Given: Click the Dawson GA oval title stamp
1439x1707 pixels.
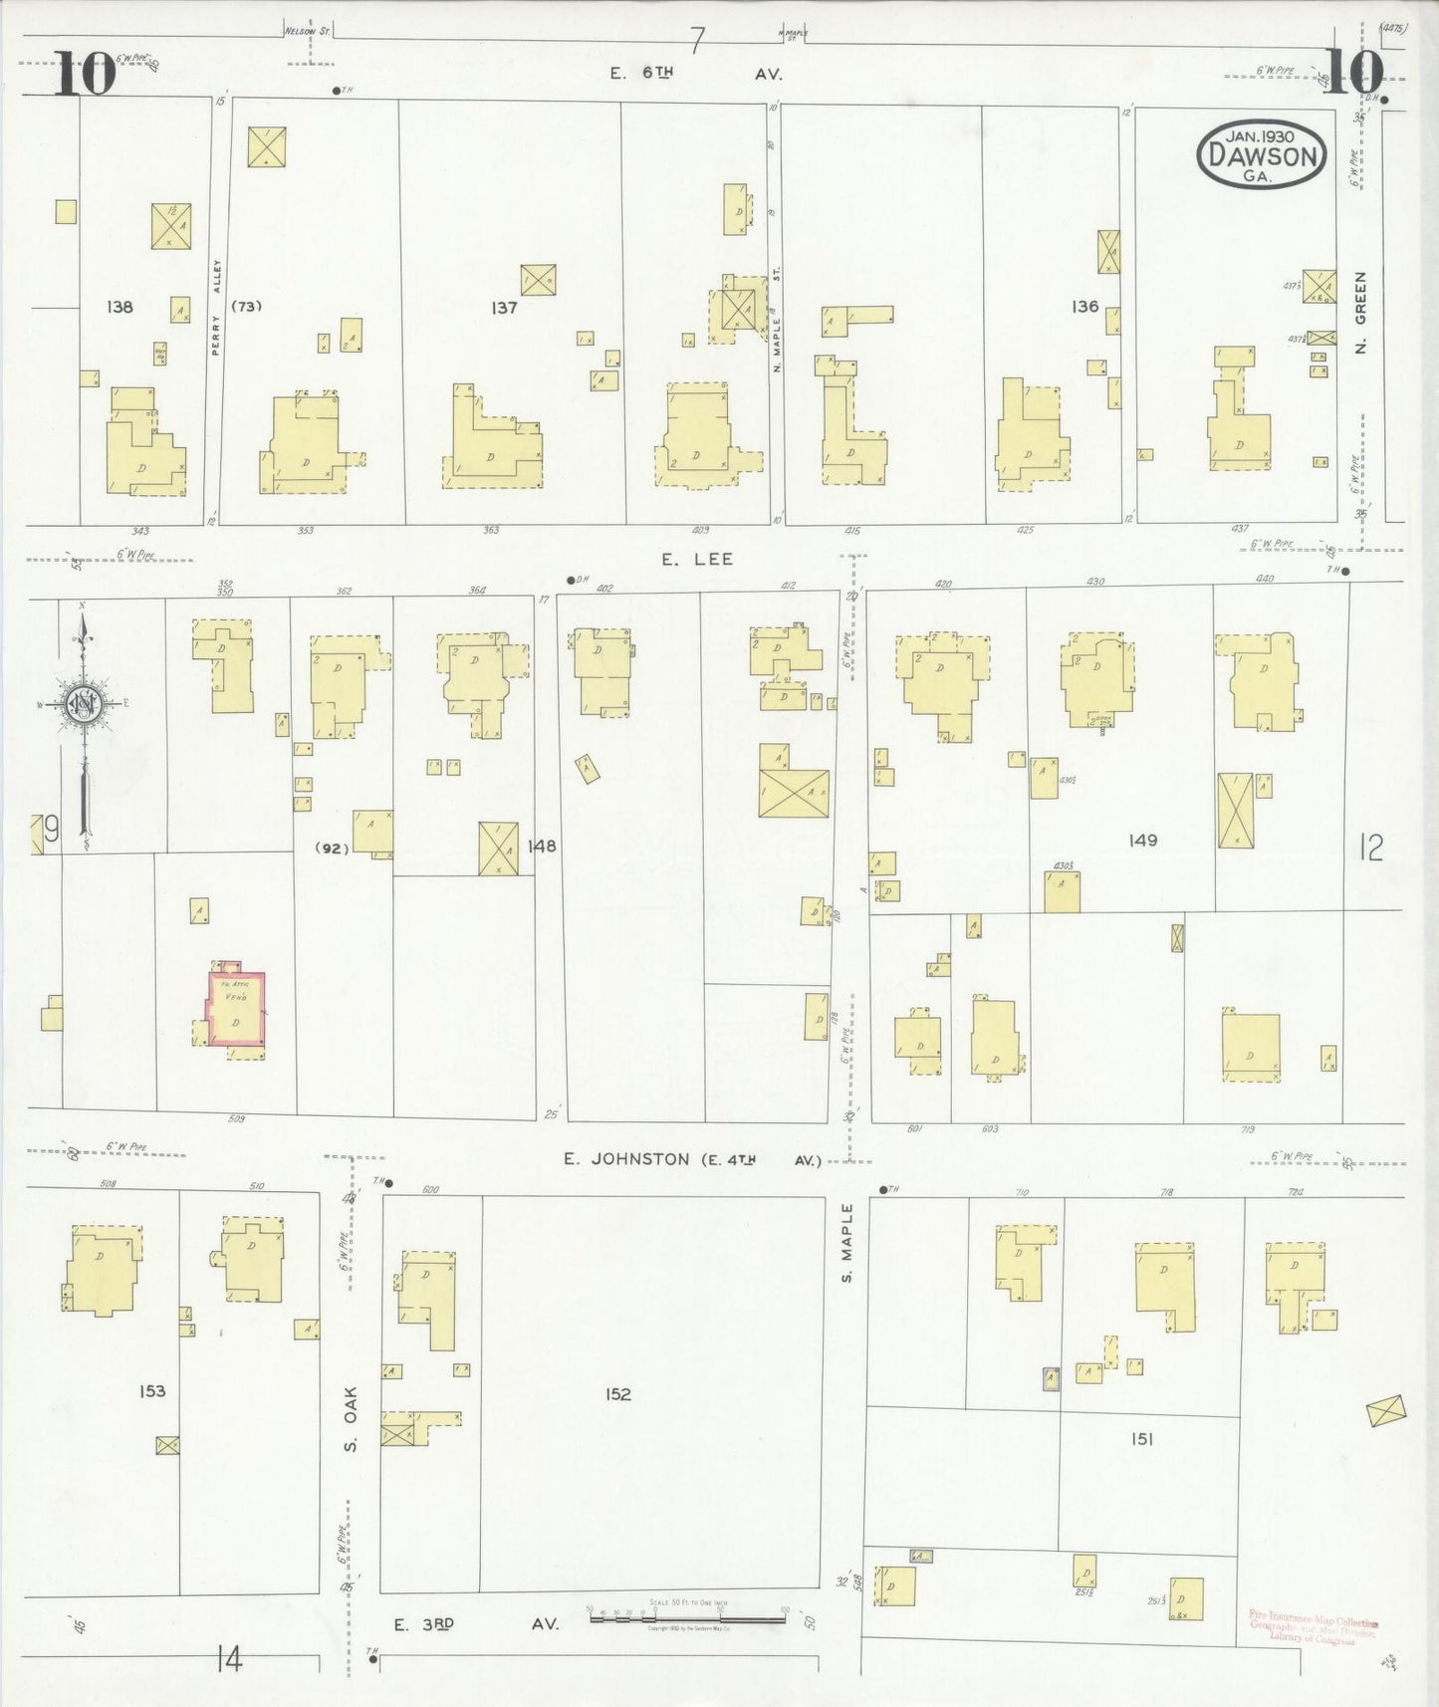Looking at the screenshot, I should coord(1262,154).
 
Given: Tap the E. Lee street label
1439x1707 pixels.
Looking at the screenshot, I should coord(697,560).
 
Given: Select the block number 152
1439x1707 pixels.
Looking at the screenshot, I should coord(618,1394).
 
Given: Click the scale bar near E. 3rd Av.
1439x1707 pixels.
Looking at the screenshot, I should coord(687,1618).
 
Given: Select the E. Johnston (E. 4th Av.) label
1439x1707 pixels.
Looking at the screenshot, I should coord(692,1159).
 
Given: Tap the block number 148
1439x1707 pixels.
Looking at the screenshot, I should coord(542,847).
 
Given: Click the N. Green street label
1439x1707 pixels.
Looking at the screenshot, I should coord(1360,313).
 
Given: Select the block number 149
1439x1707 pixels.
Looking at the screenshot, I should coord(1142,841).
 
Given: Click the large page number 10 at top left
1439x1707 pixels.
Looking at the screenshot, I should coord(84,74).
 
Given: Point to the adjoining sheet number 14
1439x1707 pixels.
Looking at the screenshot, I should coord(228,1660).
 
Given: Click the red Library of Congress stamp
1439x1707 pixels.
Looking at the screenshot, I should coord(1313,1629).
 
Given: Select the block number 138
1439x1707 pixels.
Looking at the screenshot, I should coord(120,307).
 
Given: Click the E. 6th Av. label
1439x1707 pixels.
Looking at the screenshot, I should coord(697,74).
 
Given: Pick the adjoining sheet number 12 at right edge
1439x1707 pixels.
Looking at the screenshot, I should coord(1371,849).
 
